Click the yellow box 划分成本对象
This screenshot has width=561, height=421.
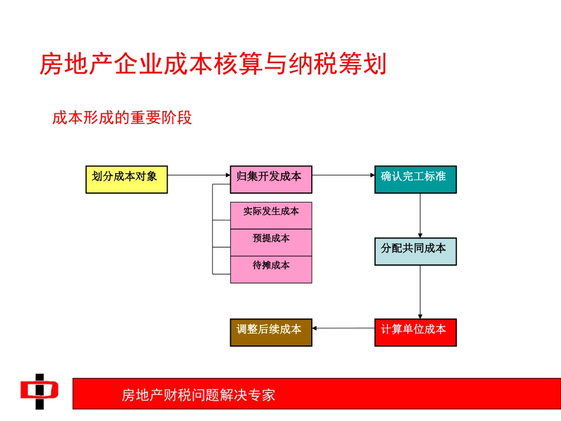click(126, 180)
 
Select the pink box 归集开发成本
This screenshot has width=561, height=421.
click(271, 180)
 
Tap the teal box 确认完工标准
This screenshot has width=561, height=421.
click(415, 180)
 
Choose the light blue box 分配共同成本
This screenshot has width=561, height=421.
click(415, 251)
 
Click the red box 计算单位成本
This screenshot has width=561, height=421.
click(415, 332)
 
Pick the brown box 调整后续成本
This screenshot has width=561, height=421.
click(271, 332)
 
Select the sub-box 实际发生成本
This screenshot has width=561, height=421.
click(271, 215)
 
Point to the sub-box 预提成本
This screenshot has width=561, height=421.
click(271, 242)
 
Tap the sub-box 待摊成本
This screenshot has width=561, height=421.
click(271, 269)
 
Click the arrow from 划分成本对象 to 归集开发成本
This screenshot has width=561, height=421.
click(198, 175)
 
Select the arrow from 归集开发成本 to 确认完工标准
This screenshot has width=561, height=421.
click(343, 175)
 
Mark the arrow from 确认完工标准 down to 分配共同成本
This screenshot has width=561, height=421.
click(420, 216)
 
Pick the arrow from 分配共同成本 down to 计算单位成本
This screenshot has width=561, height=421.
click(420, 292)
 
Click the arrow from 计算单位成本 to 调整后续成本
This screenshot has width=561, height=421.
click(343, 328)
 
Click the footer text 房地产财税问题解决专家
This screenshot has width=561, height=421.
click(198, 394)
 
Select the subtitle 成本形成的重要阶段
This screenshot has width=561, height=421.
click(122, 118)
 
